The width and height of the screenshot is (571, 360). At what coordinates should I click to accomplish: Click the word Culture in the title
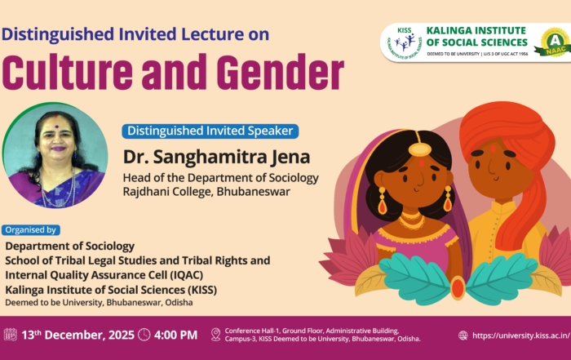(x=68, y=72)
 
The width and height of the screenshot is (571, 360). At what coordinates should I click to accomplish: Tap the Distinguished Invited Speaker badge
(x=210, y=131)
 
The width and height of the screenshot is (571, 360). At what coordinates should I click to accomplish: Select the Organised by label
(x=31, y=230)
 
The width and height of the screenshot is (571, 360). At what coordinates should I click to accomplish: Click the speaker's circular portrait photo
(x=55, y=155)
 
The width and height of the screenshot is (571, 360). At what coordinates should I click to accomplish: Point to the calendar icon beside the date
(x=10, y=335)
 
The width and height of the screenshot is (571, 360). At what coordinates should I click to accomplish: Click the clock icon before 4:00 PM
(x=144, y=335)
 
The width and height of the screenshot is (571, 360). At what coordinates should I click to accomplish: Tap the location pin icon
(x=215, y=335)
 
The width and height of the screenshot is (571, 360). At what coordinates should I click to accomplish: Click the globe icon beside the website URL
(x=463, y=336)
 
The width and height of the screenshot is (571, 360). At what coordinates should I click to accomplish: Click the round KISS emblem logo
(x=405, y=43)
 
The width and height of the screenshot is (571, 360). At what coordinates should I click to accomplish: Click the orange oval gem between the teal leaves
(x=458, y=288)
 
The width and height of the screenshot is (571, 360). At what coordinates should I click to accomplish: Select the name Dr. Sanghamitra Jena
(x=217, y=157)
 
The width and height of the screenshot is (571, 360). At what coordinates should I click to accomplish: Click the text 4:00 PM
(x=175, y=335)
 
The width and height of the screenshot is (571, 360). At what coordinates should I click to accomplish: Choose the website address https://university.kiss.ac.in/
(x=521, y=336)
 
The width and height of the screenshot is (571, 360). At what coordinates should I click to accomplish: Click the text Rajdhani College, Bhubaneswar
(x=206, y=192)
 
